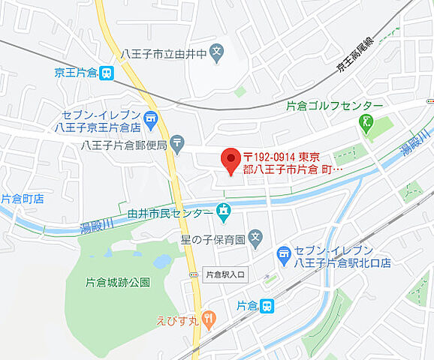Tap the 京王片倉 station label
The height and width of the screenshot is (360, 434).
76,73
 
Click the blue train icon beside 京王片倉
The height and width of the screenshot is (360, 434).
107,73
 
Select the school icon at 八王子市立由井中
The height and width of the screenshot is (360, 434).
216,53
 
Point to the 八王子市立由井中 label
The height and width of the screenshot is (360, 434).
164,54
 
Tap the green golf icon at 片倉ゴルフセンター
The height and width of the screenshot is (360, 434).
366,124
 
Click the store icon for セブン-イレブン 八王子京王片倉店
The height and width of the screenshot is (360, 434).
152,118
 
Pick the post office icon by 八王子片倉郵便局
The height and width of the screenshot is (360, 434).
177,142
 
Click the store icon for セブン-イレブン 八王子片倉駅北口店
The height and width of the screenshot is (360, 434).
284,256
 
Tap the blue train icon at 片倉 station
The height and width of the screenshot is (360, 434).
268,305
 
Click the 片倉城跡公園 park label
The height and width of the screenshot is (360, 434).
118,282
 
